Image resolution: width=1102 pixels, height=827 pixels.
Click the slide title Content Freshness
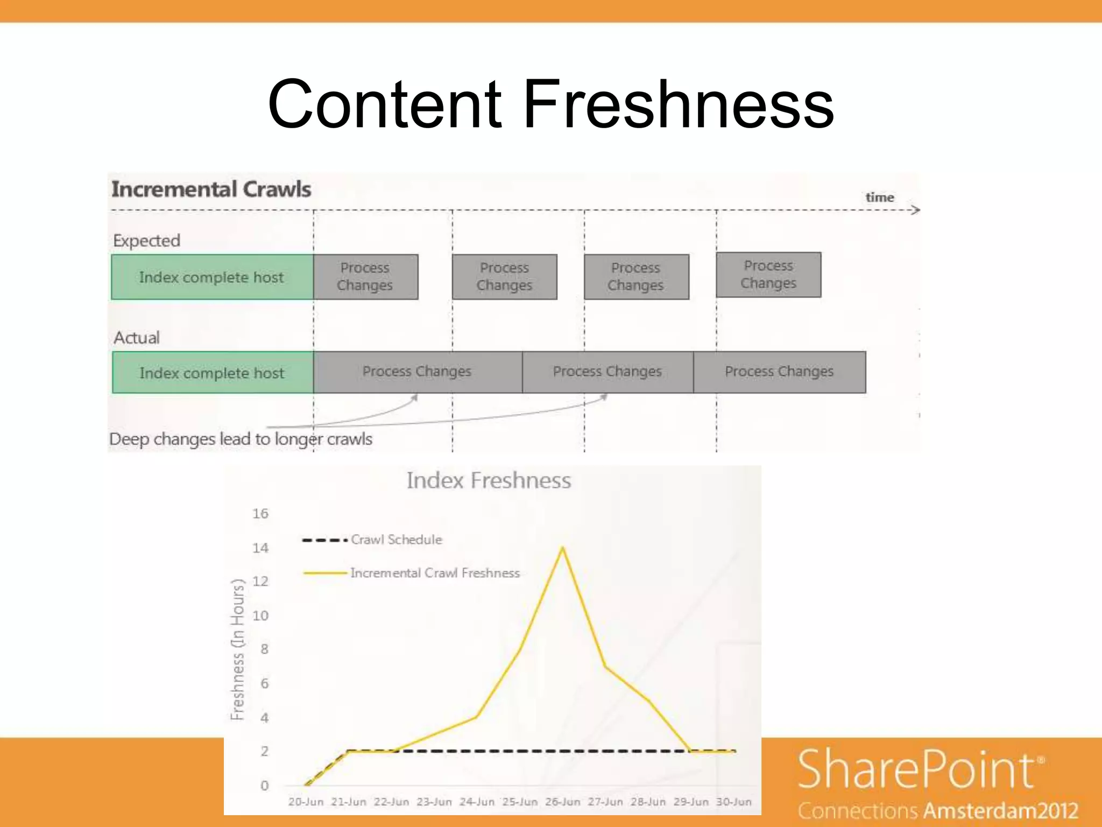tap(550, 103)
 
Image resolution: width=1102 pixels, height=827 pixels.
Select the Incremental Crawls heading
tap(211, 190)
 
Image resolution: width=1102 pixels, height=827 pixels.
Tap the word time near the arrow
tap(879, 198)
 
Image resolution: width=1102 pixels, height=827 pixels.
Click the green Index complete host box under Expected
tap(212, 277)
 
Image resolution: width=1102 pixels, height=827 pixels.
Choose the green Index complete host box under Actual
tap(213, 373)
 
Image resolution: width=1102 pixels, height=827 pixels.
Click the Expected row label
tap(146, 241)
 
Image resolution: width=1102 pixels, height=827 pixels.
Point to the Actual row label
tap(137, 338)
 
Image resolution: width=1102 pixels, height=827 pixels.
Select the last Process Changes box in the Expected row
tap(768, 275)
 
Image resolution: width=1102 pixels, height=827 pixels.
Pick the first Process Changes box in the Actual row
tap(417, 372)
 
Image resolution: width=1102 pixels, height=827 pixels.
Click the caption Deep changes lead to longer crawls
tap(241, 439)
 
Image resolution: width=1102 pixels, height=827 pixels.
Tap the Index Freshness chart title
tap(489, 480)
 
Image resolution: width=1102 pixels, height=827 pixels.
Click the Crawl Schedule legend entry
tap(396, 539)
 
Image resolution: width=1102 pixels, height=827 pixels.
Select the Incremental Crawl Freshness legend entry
tap(435, 573)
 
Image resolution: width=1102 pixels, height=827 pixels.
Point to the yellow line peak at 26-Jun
tap(563, 548)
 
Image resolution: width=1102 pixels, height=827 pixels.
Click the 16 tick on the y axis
tap(260, 514)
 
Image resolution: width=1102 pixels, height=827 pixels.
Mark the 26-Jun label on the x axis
tap(563, 802)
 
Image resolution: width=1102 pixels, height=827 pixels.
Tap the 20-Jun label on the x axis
tap(306, 802)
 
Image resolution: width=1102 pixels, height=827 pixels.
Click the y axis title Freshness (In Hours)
tap(237, 649)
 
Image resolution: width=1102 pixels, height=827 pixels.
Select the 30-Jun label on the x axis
tap(734, 802)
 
